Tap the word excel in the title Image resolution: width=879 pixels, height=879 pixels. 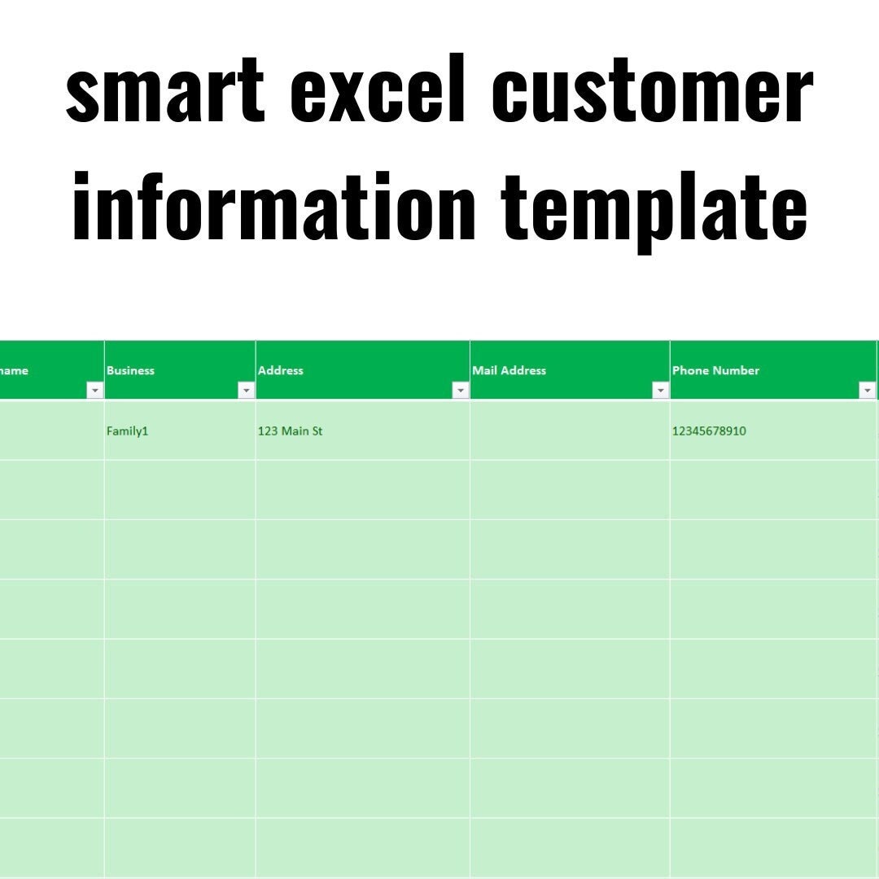pyautogui.click(x=378, y=91)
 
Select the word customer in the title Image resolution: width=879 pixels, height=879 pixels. pyautogui.click(x=651, y=91)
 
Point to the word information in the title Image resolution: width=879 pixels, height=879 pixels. pyautogui.click(x=273, y=207)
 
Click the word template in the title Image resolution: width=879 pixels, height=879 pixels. pyautogui.click(x=654, y=207)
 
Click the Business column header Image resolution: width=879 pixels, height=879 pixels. pyautogui.click(x=130, y=370)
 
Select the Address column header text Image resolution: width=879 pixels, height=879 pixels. pyautogui.click(x=281, y=370)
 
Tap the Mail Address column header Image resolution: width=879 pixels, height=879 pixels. pyautogui.click(x=509, y=370)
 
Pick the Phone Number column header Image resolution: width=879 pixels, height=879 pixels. pyautogui.click(x=715, y=370)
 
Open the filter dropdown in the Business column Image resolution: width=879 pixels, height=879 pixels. pyautogui.click(x=246, y=391)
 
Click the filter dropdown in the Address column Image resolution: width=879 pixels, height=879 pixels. pyautogui.click(x=460, y=391)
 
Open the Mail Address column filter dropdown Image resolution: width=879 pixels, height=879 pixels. pyautogui.click(x=660, y=391)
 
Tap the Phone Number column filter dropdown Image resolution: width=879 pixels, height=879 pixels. pyautogui.click(x=867, y=391)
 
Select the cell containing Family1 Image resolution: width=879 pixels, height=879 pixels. pyautogui.click(x=128, y=431)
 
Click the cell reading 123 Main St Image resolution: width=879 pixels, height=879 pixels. pyautogui.click(x=290, y=431)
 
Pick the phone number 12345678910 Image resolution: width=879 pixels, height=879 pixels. pyautogui.click(x=709, y=431)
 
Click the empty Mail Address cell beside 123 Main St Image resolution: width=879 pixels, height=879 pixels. pyautogui.click(x=570, y=431)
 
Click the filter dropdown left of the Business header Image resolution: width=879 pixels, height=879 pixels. pyautogui.click(x=94, y=391)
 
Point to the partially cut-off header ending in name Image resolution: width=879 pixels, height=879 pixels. pyautogui.click(x=15, y=370)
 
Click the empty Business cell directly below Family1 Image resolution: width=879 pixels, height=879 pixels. pyautogui.click(x=179, y=490)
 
